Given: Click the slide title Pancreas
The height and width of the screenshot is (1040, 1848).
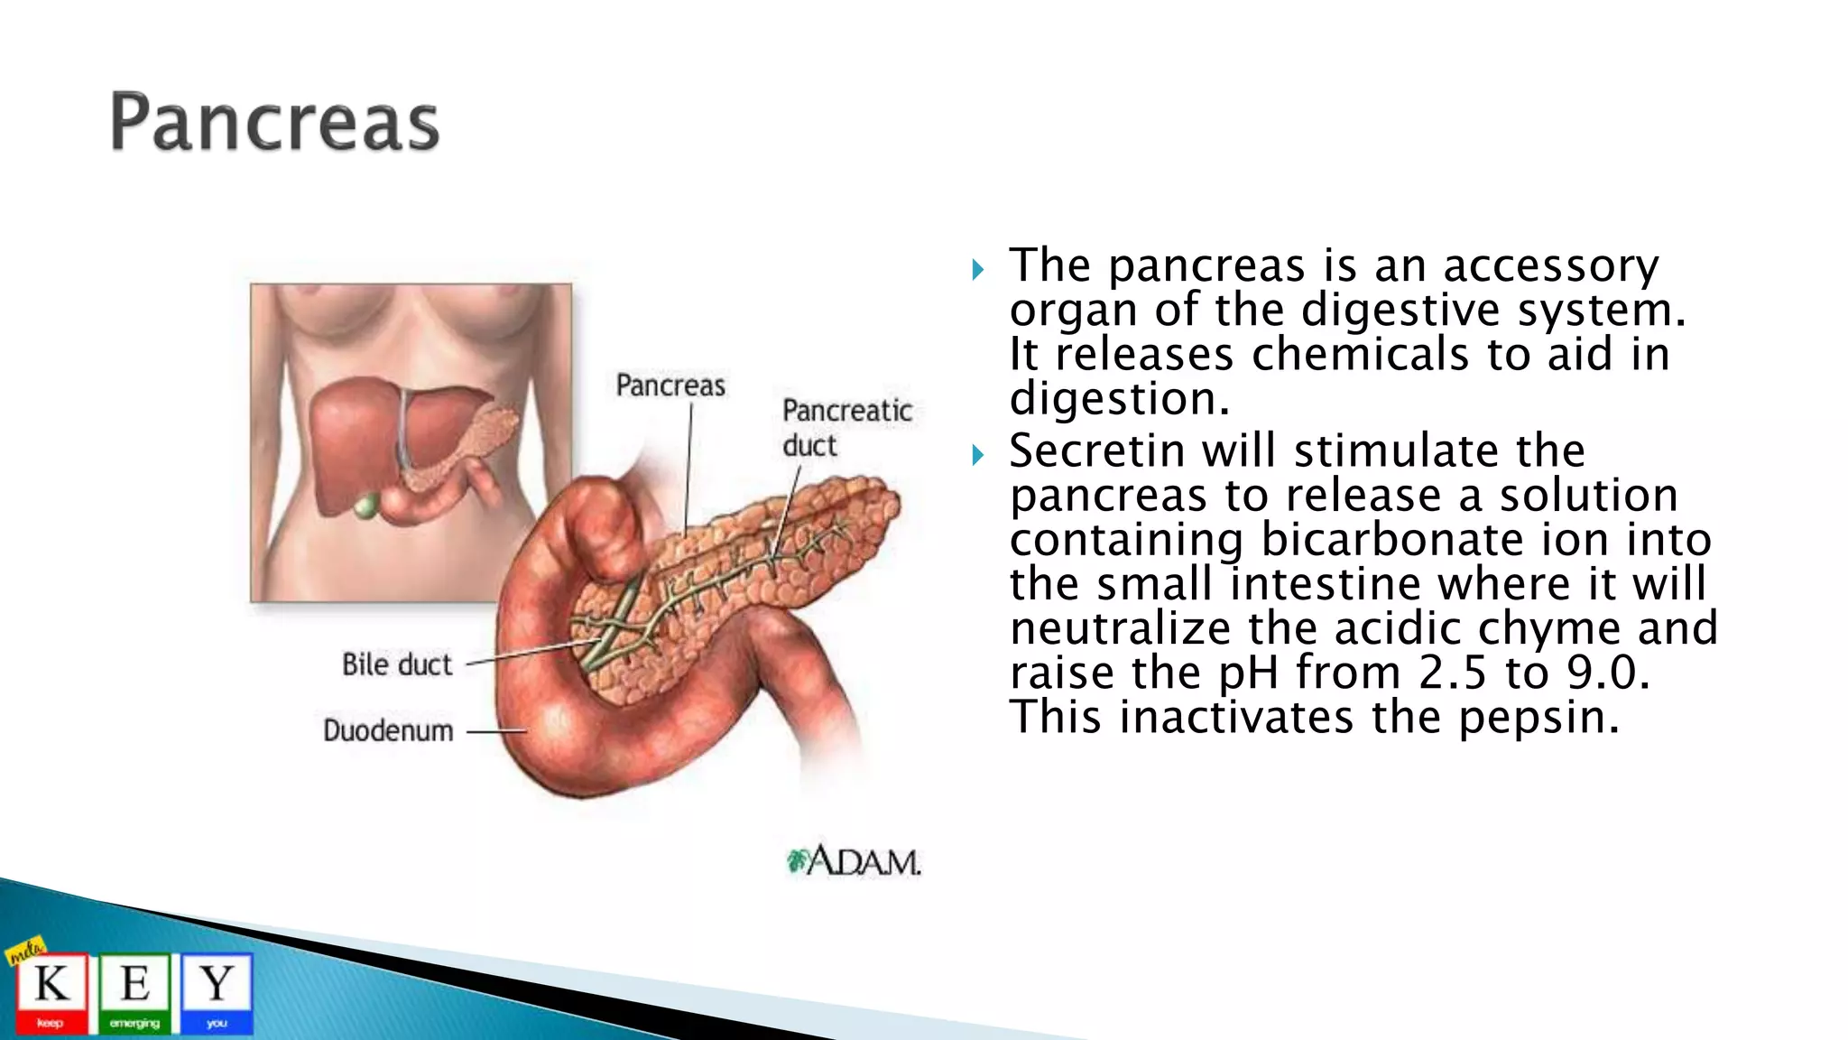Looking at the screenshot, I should coord(274,122).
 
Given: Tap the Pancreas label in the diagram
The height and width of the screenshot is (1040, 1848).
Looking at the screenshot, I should coord(670,385).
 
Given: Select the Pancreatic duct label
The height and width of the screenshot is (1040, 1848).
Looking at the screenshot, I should coord(846,427).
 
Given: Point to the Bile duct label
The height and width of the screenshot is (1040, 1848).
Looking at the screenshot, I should coord(396,664).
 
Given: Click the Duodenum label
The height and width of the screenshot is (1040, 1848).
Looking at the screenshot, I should coord(388,730).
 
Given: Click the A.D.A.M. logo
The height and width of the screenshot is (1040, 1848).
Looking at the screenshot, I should coord(854,860).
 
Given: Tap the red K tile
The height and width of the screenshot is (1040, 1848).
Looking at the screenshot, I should coord(51,992).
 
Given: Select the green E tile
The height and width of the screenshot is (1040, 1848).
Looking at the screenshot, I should coord(134,992).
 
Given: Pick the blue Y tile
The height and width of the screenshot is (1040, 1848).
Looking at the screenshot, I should coord(217,992).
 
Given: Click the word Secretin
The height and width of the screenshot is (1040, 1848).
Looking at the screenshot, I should coord(1096,450).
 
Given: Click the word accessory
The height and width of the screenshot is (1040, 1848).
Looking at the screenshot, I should coord(1550,265).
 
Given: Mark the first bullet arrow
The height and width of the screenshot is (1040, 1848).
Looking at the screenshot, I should coord(978,269).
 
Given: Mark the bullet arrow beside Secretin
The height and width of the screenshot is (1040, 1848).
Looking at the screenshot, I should coord(978,454).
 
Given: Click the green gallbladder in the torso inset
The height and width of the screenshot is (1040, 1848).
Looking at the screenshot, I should coord(365,506).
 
